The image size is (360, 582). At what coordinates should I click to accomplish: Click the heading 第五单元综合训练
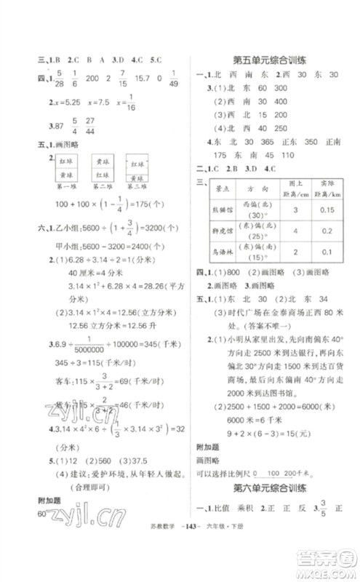[268, 58]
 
